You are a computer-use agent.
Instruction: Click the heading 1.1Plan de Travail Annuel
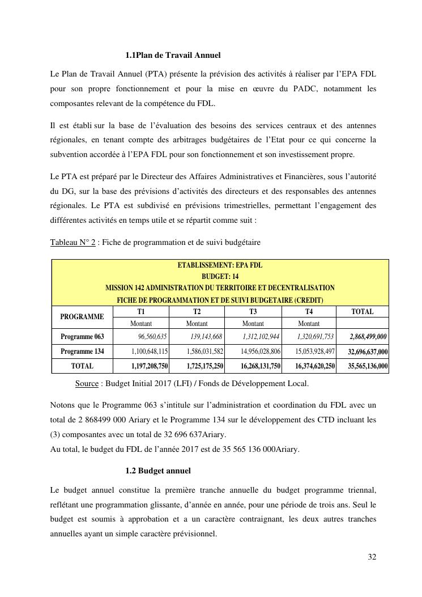point(173,56)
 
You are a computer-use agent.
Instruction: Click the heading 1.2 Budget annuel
point(158,471)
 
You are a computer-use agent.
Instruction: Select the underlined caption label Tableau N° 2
point(73,243)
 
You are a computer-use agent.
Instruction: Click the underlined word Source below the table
point(87,384)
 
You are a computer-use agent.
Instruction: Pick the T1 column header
point(141,312)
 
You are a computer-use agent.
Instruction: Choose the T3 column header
point(253,312)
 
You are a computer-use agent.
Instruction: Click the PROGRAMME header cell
point(82,317)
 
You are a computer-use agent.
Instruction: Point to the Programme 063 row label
point(82,337)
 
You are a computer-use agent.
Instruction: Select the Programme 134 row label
point(82,352)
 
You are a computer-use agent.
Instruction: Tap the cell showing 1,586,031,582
point(204,352)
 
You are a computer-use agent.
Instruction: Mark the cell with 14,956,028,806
point(261,352)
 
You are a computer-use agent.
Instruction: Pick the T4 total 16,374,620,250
point(315,366)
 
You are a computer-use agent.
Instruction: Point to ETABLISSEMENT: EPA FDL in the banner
point(220,265)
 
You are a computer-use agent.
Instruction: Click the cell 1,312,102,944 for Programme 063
point(261,337)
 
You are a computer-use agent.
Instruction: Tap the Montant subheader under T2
point(197,324)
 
